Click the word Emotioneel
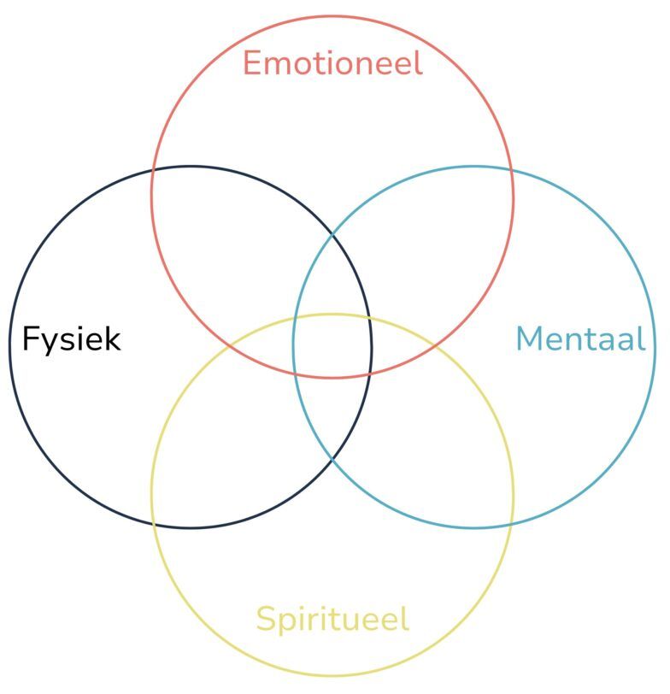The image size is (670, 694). pos(332,63)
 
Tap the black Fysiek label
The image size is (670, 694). pos(71,339)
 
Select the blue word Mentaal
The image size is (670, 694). pos(580,339)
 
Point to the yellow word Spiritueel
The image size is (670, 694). pos(332,619)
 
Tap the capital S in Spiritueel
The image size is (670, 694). pos(265,619)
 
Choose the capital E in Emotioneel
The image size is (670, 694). pos(252,63)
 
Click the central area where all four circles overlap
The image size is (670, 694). pos(332,346)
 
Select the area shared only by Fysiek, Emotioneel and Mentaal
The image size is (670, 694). pos(332,278)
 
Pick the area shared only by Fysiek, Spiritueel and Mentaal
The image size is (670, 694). pos(332,415)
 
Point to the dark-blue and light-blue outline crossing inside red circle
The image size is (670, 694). pos(332,234)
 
